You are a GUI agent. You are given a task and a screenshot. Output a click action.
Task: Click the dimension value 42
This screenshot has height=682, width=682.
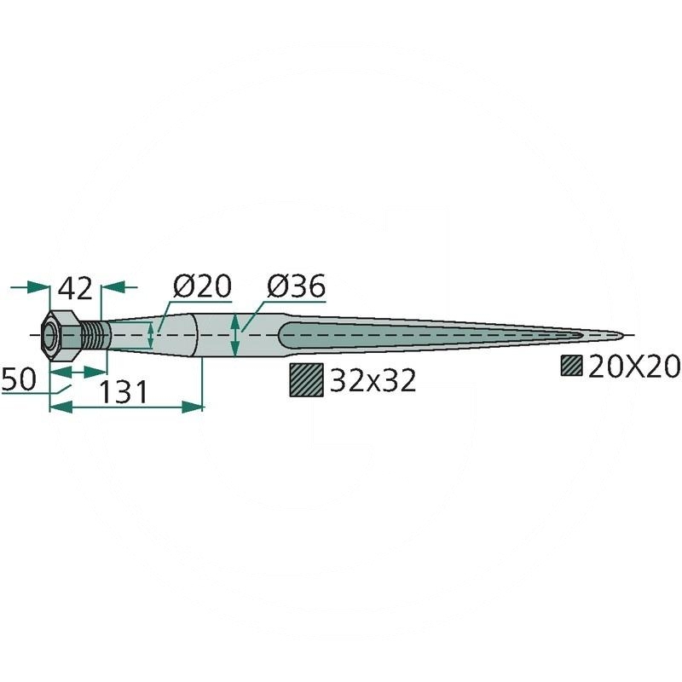76,288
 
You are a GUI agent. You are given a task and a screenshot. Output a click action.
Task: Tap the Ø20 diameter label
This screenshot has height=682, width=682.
202,286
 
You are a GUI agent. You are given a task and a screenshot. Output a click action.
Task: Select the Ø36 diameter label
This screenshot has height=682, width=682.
296,286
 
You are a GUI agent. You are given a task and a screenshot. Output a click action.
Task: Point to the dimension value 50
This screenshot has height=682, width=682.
18,379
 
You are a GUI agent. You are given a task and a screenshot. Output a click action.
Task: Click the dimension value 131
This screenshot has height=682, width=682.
124,391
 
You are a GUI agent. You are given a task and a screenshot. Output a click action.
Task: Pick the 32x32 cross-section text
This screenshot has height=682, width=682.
373,381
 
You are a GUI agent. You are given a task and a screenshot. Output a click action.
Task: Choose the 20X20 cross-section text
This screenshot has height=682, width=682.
633,367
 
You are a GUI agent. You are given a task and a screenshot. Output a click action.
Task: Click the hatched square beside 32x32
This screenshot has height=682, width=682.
307,379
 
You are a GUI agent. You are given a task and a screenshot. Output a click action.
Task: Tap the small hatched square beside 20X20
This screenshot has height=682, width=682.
571,366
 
